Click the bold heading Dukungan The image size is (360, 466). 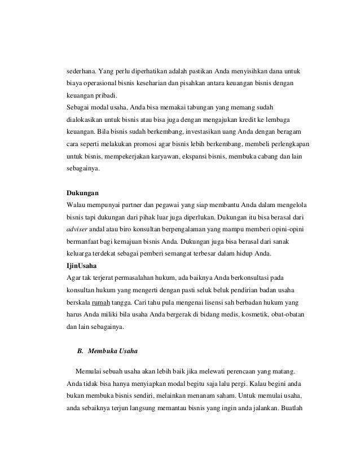coord(83,193)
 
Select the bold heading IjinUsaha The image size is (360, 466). coord(82,265)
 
